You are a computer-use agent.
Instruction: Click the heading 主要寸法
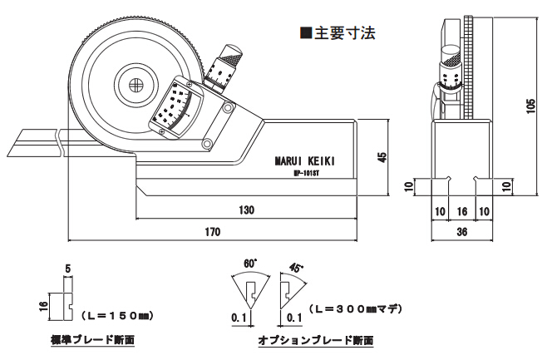coord(338,34)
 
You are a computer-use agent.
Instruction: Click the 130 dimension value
coord(247,210)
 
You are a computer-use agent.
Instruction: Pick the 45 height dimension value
coord(382,157)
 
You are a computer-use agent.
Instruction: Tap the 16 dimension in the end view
coord(462,211)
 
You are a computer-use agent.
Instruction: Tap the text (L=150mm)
coord(118,316)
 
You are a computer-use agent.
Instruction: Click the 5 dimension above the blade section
coord(67,268)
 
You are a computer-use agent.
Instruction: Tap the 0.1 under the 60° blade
coord(239,318)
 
